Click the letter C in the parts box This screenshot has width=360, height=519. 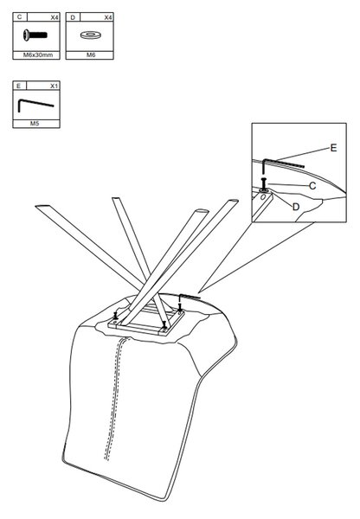pyautogui.click(x=20, y=17)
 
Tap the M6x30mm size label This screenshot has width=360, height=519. pyautogui.click(x=37, y=55)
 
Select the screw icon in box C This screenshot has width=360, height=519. pyautogui.click(x=35, y=35)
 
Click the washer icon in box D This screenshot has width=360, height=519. pyautogui.click(x=90, y=35)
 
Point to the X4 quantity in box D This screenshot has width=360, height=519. pyautogui.click(x=108, y=17)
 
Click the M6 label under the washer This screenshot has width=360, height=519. pyautogui.click(x=91, y=55)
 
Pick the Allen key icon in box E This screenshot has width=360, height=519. pyautogui.click(x=35, y=105)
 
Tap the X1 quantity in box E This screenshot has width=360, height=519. pyautogui.click(x=54, y=86)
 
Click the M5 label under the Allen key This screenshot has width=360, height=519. pyautogui.click(x=35, y=124)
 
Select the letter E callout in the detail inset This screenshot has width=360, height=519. pyautogui.click(x=333, y=148)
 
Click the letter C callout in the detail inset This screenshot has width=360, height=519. pyautogui.click(x=312, y=186)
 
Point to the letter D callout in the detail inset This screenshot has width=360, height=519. pyautogui.click(x=296, y=207)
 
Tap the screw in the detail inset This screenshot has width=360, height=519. pyautogui.click(x=264, y=183)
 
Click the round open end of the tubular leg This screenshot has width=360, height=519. pyautogui.click(x=201, y=212)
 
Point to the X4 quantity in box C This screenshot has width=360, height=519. pyautogui.click(x=55, y=17)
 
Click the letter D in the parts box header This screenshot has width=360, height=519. pyautogui.click(x=73, y=17)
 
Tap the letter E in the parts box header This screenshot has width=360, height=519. pyautogui.click(x=18, y=86)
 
